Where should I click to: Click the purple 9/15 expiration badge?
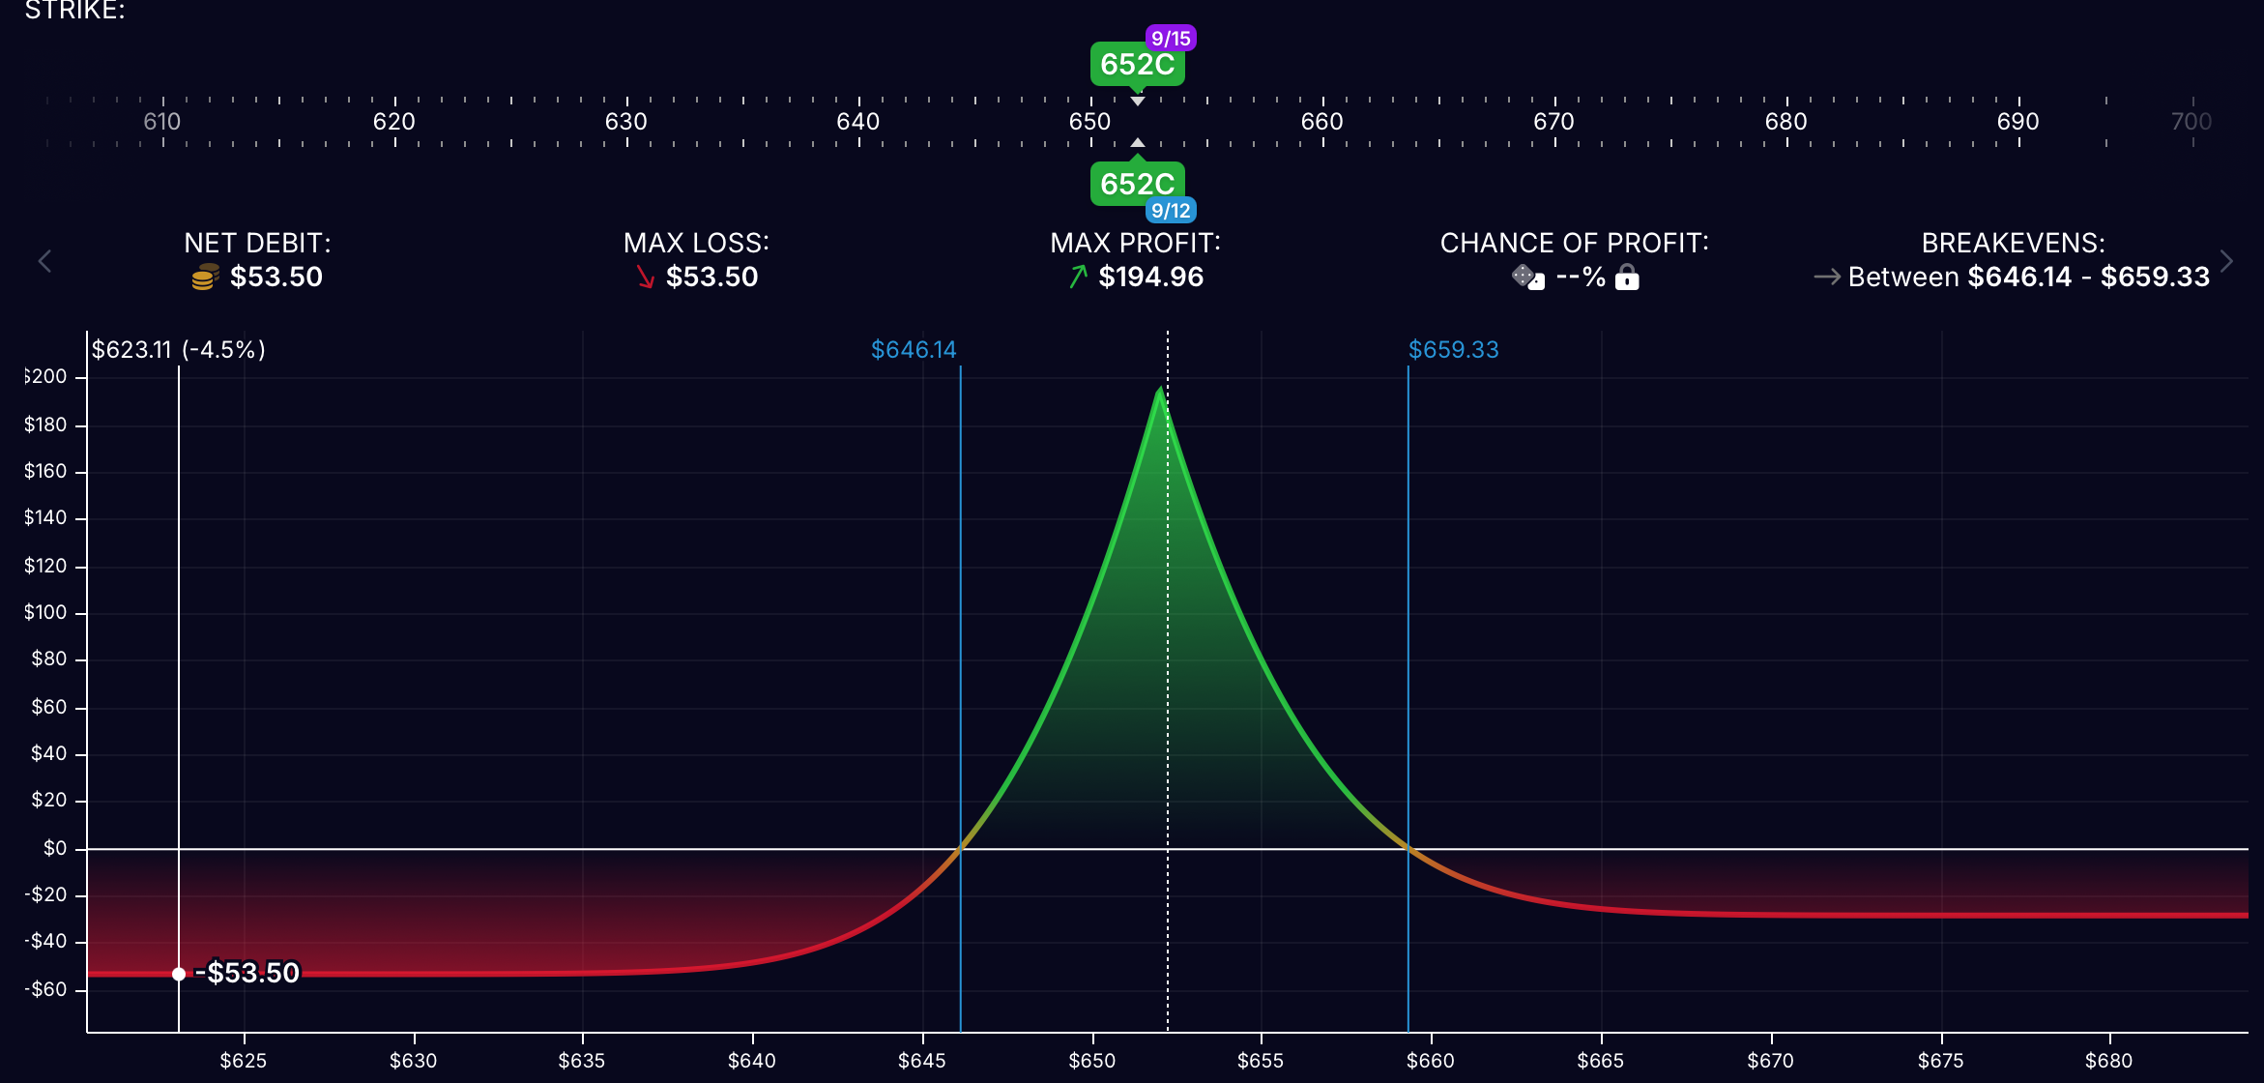pyautogui.click(x=1171, y=39)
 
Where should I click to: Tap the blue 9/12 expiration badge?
pyautogui.click(x=1171, y=211)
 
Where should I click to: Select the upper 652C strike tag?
pyautogui.click(x=1137, y=65)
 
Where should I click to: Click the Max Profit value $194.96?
pyautogui.click(x=1150, y=278)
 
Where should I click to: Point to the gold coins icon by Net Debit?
pyautogui.click(x=205, y=278)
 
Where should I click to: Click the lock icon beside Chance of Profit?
pyautogui.click(x=1628, y=278)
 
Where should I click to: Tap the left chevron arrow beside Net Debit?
pyautogui.click(x=44, y=261)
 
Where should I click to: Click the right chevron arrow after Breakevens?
pyautogui.click(x=2227, y=261)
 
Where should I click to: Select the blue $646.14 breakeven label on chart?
pyautogui.click(x=914, y=349)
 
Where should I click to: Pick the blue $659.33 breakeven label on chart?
pyautogui.click(x=1453, y=349)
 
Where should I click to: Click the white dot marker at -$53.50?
pyautogui.click(x=179, y=974)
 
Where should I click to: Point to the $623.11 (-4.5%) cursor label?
pyautogui.click(x=179, y=349)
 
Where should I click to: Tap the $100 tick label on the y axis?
pyautogui.click(x=45, y=612)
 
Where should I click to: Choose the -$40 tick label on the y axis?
pyautogui.click(x=45, y=941)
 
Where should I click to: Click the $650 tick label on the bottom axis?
pyautogui.click(x=1091, y=1061)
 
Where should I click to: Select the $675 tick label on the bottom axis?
pyautogui.click(x=1940, y=1061)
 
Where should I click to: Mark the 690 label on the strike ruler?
pyautogui.click(x=2017, y=122)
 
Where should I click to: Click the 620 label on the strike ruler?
pyautogui.click(x=394, y=122)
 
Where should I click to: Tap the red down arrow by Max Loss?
pyautogui.click(x=646, y=278)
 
